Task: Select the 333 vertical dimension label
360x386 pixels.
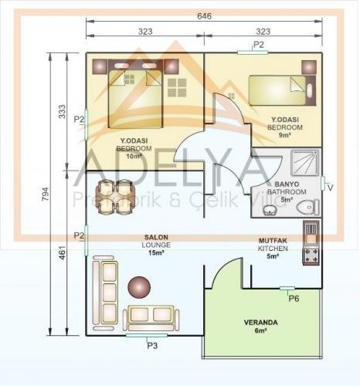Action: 63,113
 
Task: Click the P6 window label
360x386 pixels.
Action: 294,298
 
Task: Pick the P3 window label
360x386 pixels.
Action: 152,345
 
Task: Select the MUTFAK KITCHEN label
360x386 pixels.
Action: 273,249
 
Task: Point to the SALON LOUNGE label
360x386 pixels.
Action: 157,244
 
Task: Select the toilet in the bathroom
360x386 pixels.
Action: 310,207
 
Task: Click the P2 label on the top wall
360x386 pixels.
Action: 259,45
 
